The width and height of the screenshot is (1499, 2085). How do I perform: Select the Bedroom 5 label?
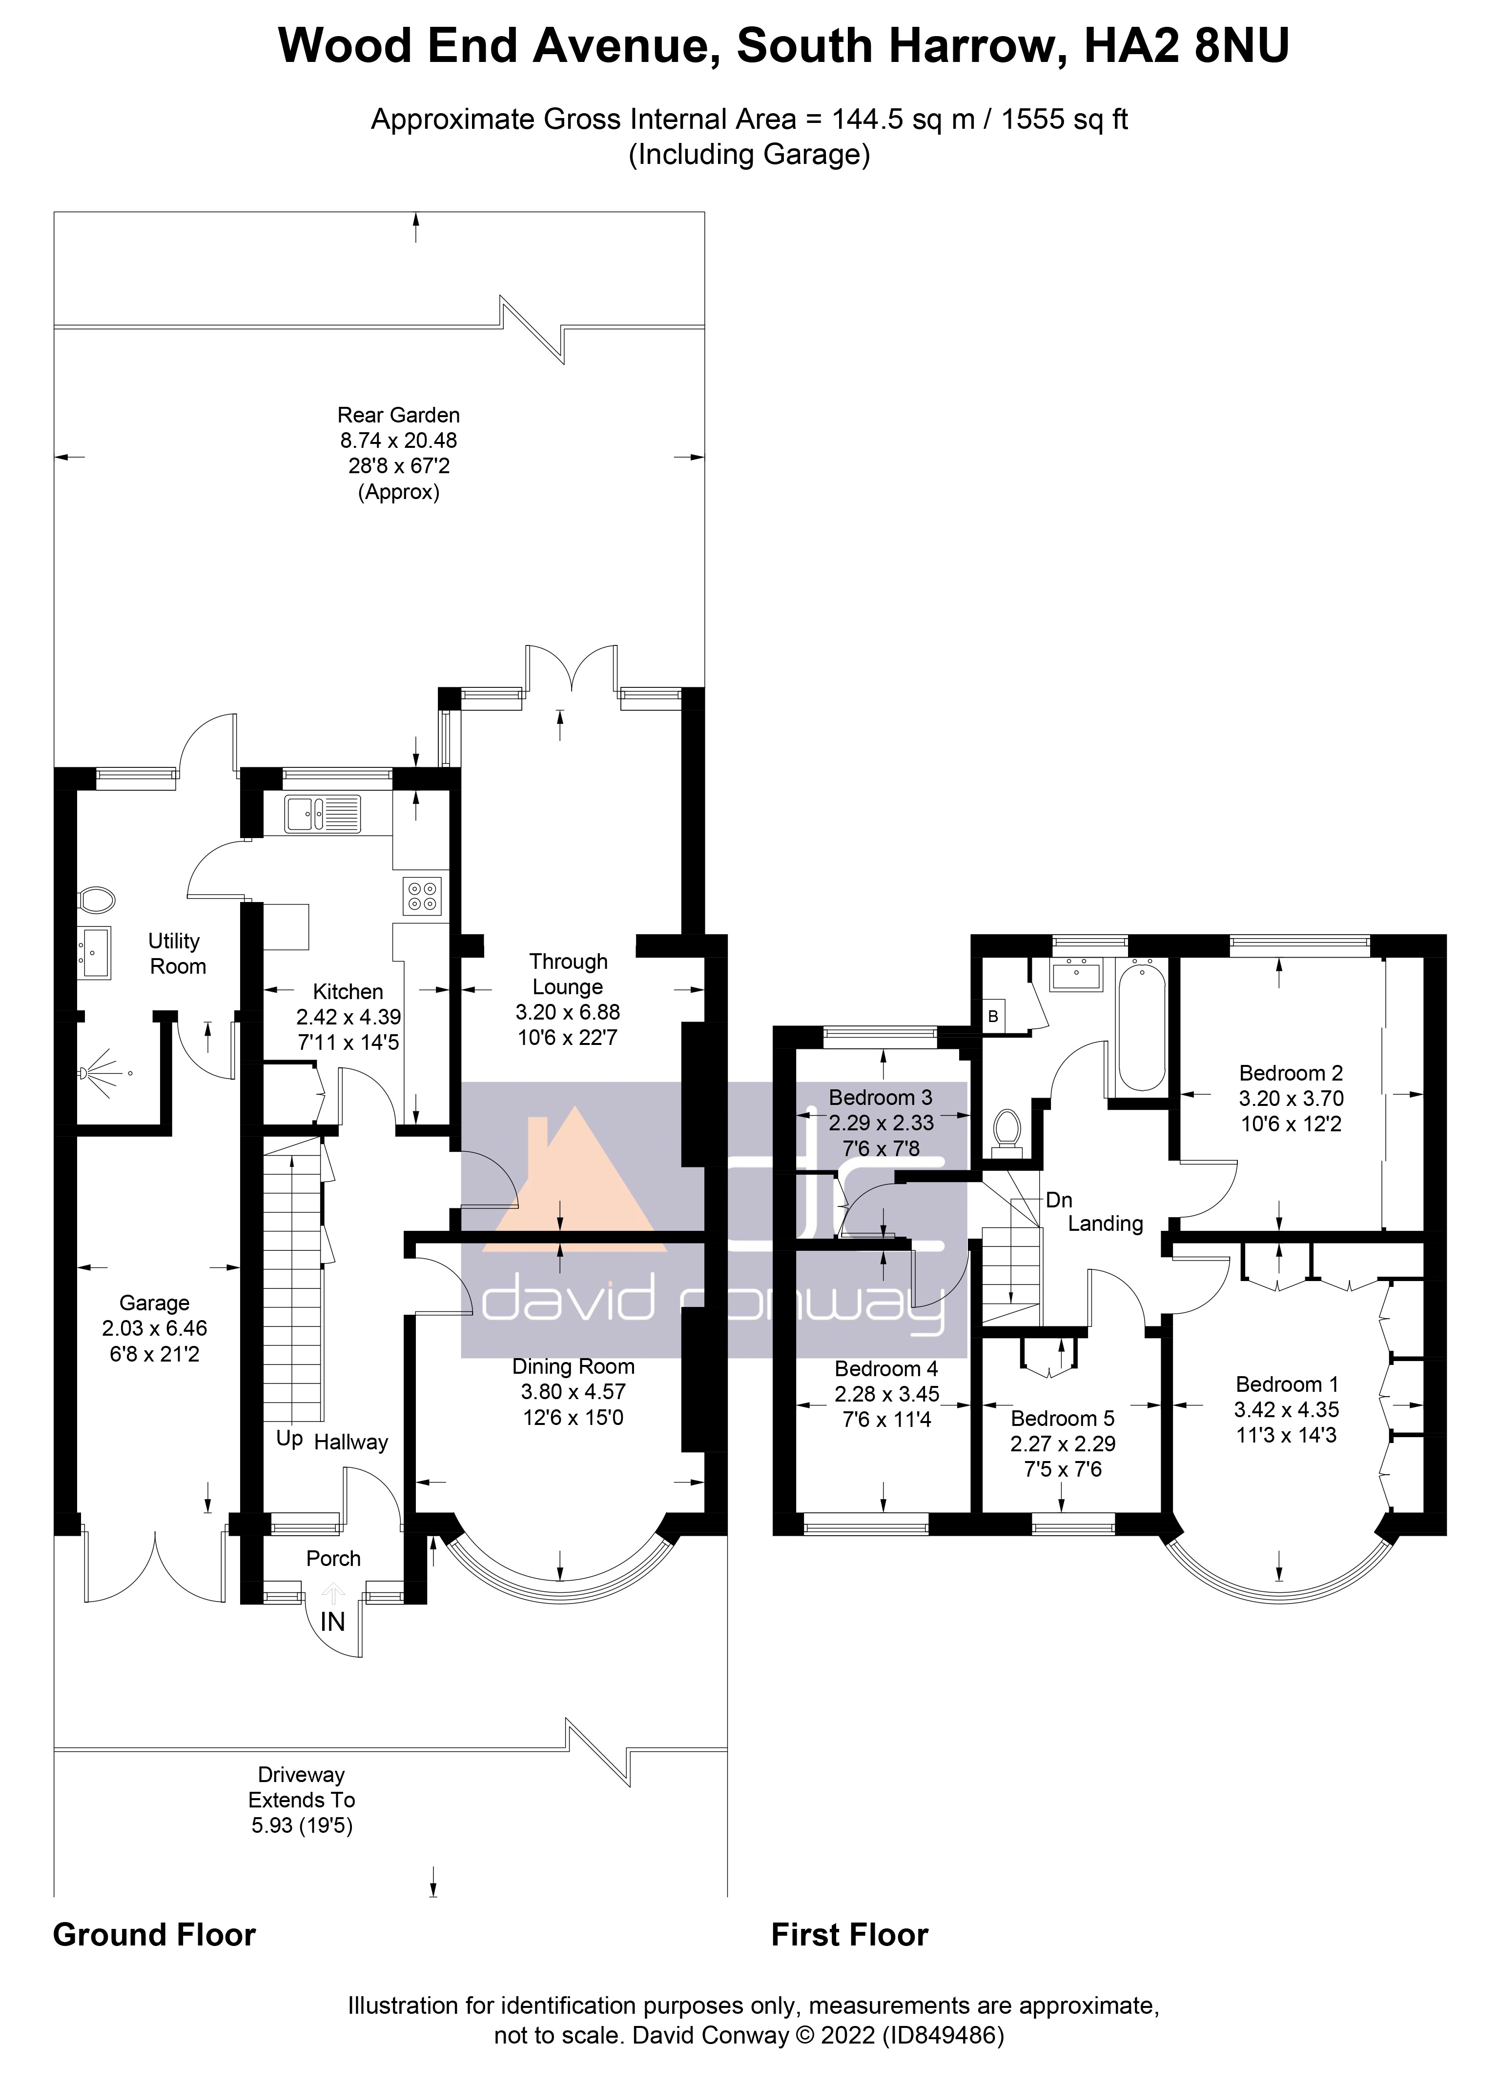coord(1062,1419)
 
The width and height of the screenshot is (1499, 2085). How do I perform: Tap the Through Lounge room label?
coord(567,975)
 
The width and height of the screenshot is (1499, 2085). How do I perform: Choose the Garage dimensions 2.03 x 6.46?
coord(155,1328)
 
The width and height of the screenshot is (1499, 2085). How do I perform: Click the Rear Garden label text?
coord(398,416)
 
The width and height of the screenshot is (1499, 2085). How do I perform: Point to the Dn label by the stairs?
coord(1059,1200)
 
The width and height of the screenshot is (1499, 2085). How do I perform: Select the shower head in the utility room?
coord(87,1073)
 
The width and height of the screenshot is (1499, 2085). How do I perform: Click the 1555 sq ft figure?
coord(1064,120)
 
